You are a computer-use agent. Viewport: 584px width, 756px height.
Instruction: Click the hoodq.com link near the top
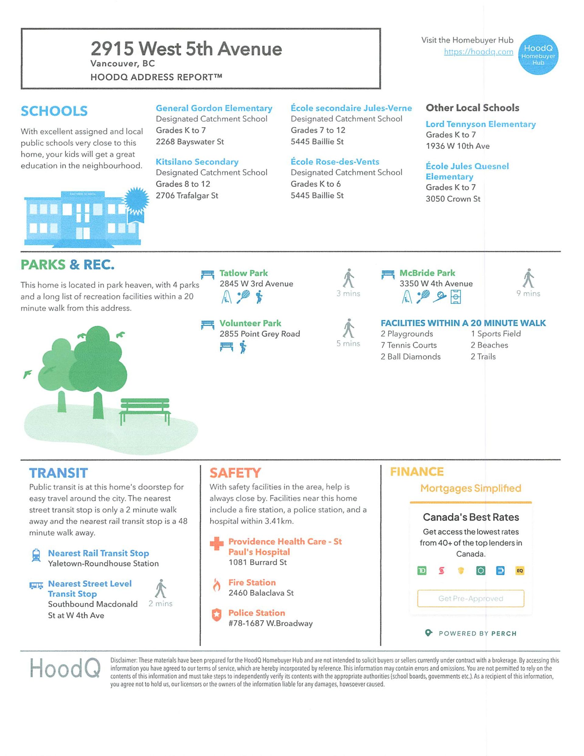coord(478,52)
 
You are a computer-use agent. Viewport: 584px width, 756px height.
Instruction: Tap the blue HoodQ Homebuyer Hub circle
coord(538,55)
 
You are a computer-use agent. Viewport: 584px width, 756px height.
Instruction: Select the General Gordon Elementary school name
coord(214,108)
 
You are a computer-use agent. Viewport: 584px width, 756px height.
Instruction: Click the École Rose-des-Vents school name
coord(335,162)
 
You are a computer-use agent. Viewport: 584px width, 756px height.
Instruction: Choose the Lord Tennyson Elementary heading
coord(481,124)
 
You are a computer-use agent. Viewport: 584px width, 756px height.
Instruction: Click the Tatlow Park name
coord(243,273)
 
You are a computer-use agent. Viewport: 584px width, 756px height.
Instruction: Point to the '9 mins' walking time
coord(528,294)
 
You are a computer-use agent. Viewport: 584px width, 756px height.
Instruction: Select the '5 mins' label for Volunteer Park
coord(348,343)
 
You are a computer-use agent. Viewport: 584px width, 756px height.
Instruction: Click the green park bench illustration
coord(145,411)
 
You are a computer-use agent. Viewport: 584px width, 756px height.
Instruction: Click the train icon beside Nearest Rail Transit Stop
coord(36,555)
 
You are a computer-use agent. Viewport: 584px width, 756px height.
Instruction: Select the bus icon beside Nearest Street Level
coord(36,585)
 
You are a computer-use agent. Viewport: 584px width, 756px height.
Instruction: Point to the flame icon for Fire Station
coord(217,585)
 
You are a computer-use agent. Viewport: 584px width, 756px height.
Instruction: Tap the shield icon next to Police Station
coord(217,615)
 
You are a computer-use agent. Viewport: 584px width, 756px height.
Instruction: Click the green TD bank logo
coord(422,570)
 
